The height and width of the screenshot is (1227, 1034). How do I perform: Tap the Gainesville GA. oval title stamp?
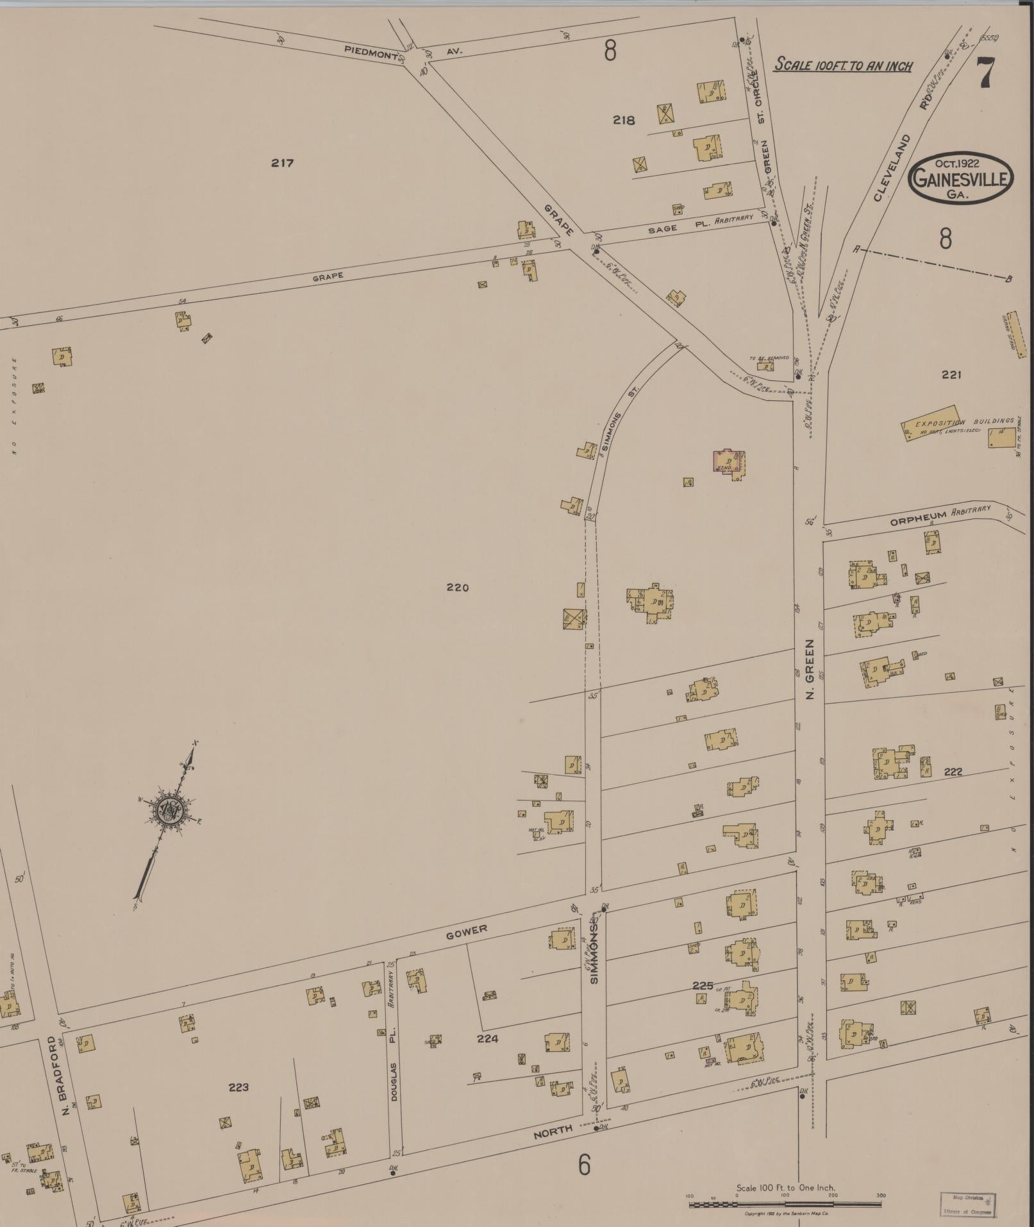click(960, 178)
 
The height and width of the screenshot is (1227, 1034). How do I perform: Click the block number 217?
click(282, 163)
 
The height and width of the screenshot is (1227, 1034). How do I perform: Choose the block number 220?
click(458, 587)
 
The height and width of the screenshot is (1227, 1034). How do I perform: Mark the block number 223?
click(238, 1087)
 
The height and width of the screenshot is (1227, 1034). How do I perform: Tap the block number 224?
click(487, 1038)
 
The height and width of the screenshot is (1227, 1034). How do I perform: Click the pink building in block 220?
click(729, 462)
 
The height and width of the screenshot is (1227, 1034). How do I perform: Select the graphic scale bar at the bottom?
click(785, 1205)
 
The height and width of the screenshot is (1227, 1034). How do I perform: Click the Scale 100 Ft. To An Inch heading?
click(843, 65)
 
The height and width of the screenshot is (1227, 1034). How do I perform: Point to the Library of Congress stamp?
click(967, 1205)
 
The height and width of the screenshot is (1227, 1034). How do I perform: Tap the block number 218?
click(623, 120)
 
